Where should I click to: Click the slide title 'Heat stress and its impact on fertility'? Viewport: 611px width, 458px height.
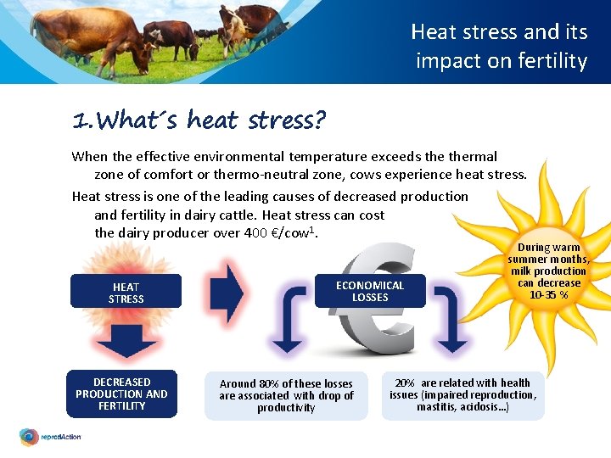click(500, 47)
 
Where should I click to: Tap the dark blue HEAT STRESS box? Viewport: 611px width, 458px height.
click(126, 292)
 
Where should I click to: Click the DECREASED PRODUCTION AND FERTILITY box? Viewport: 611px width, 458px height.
click(121, 394)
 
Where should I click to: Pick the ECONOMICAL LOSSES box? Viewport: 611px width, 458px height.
click(370, 291)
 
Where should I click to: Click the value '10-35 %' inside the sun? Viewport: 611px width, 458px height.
click(549, 294)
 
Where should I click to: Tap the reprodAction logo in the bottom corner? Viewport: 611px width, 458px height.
click(50, 437)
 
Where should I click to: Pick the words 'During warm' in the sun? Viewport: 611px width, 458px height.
click(549, 248)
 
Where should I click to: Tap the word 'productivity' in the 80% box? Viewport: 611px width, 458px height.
click(286, 408)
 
